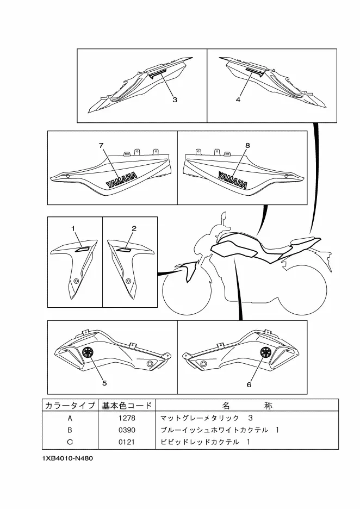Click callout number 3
(175, 100)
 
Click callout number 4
(238, 100)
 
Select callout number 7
(101, 146)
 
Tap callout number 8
(247, 146)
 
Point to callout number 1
(73, 229)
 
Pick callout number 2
(133, 228)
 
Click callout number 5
(104, 382)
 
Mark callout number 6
(249, 384)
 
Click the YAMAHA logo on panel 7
(121, 180)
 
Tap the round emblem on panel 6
(266, 352)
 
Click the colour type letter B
(70, 430)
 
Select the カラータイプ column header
(70, 406)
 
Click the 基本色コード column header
(126, 406)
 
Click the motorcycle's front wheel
(187, 290)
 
